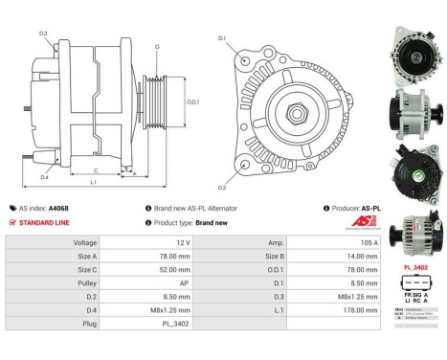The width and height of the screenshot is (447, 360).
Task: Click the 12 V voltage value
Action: (184, 243)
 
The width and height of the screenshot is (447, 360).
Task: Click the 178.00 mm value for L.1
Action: (360, 310)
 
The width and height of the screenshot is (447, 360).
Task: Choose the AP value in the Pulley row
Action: (186, 283)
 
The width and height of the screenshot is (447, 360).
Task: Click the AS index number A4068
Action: (58, 208)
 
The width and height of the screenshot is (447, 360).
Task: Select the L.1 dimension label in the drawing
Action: (93, 182)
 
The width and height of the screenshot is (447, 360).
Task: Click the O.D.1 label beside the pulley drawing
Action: (192, 102)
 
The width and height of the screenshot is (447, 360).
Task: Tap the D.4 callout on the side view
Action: (44, 177)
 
